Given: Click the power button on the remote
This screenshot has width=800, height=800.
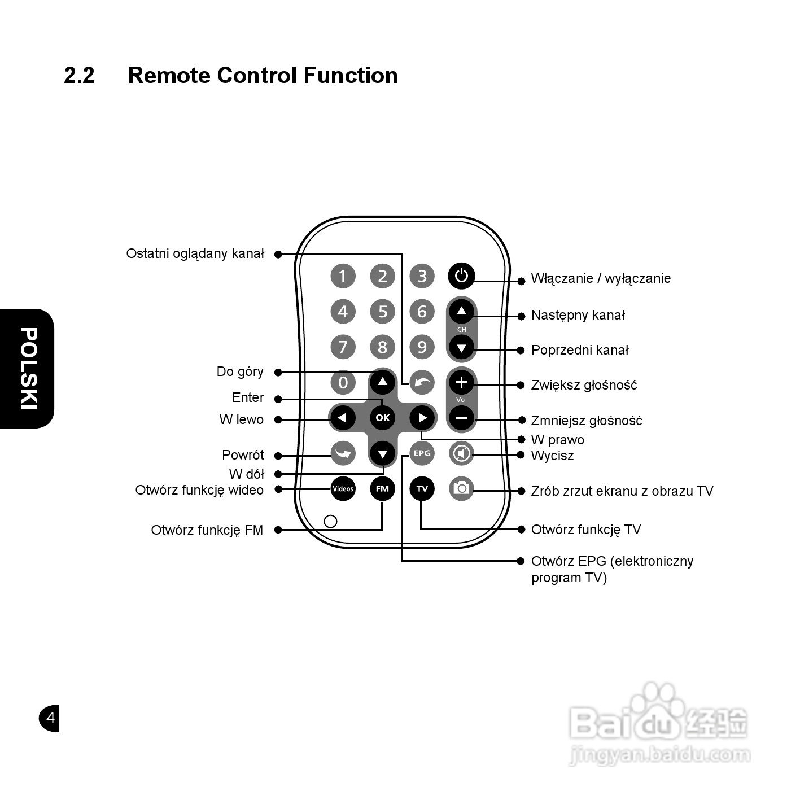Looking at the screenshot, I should [x=461, y=276].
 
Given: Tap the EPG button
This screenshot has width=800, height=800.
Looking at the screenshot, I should [x=422, y=453].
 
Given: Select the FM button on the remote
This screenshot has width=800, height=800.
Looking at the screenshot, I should [x=382, y=488].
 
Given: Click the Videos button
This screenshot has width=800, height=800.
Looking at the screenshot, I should [x=343, y=488].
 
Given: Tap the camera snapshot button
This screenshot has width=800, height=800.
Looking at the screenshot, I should [x=461, y=488].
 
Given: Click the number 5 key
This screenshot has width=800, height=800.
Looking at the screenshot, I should [x=382, y=311].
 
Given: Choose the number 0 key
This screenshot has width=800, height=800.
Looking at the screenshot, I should [x=343, y=382].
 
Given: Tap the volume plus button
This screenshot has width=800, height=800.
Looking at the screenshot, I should [x=461, y=383].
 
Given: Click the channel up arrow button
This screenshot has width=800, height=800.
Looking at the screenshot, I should [x=461, y=311].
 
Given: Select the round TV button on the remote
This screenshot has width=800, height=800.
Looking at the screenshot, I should [x=422, y=488].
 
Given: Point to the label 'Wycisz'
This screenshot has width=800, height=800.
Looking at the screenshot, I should [x=552, y=456].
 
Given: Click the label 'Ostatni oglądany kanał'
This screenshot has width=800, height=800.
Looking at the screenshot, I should [x=195, y=253].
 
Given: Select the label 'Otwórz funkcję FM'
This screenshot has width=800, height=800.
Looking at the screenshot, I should [x=207, y=530].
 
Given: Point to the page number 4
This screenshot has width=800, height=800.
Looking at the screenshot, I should [x=50, y=718].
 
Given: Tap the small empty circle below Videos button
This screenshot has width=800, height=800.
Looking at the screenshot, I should [x=331, y=521].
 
